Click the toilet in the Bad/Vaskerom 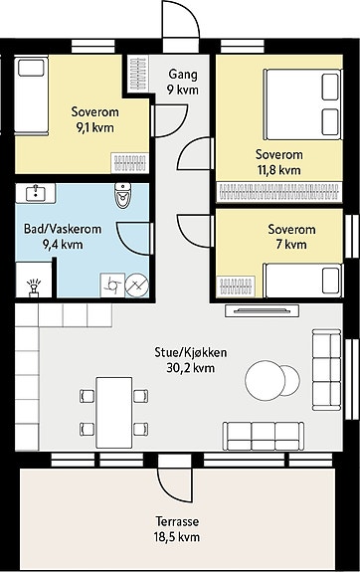point(122,195)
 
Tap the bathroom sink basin point(36,192)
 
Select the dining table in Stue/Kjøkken point(114,413)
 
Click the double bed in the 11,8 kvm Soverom point(302,104)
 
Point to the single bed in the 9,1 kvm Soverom point(32,95)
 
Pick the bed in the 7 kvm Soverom point(303,281)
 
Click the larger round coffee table point(266,380)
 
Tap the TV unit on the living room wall point(262,310)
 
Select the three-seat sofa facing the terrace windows point(264,437)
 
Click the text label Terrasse point(178,521)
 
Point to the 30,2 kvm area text point(190,368)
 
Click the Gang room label point(183,74)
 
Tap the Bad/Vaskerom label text point(63,229)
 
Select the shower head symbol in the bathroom point(34,287)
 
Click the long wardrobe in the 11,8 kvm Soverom point(279,191)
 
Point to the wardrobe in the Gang point(138,74)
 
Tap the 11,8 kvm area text point(279,170)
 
